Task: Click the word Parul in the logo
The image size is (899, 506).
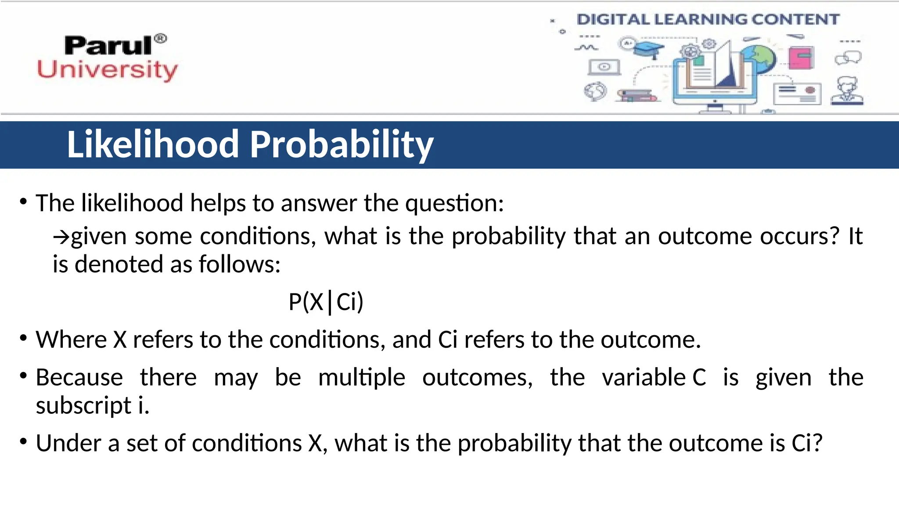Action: tap(108, 46)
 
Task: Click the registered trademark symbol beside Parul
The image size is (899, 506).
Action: tap(161, 39)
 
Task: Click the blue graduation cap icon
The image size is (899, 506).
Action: tap(649, 49)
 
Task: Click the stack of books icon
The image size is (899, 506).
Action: tap(636, 96)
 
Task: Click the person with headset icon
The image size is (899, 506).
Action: tap(847, 91)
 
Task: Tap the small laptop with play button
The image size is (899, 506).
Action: tap(604, 67)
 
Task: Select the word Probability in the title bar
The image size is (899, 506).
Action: tap(342, 145)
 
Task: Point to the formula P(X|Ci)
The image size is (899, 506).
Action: tap(326, 302)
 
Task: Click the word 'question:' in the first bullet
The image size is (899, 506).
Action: tap(454, 204)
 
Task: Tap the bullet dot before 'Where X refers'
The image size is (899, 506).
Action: tap(23, 338)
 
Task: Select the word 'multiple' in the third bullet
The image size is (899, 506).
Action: tap(362, 378)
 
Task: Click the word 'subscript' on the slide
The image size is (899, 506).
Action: tap(83, 406)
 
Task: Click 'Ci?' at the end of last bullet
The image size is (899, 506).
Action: tap(807, 443)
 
